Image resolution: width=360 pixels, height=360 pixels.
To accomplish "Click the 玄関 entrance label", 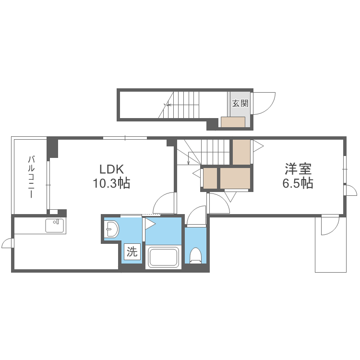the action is [x=240, y=103].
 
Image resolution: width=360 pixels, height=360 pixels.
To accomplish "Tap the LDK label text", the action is [x=111, y=169].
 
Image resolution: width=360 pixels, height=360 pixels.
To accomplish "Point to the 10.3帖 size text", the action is [x=111, y=183].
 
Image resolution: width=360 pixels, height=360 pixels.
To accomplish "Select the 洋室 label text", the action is [x=298, y=169].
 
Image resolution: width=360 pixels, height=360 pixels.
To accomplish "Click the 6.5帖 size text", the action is [x=298, y=183].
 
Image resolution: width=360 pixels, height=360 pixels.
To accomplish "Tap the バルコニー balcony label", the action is [x=31, y=177].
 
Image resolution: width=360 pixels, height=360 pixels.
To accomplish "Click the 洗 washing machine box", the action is [x=132, y=252].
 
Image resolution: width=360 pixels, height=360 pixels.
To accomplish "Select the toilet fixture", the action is [x=196, y=255].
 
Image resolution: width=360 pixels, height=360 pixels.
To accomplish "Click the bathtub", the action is [x=164, y=257].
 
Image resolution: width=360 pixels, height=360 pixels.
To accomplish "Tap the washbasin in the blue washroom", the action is [x=111, y=229].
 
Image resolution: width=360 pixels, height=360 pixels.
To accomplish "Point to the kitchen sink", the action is [x=54, y=226].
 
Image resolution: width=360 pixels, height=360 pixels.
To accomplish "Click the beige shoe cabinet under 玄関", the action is [x=233, y=122].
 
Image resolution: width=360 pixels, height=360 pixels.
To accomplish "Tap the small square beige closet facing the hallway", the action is [x=210, y=178].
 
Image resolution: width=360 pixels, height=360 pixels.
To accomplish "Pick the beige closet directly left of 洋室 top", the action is [x=241, y=152].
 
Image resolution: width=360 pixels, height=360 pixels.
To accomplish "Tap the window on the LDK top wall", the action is [x=125, y=138].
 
